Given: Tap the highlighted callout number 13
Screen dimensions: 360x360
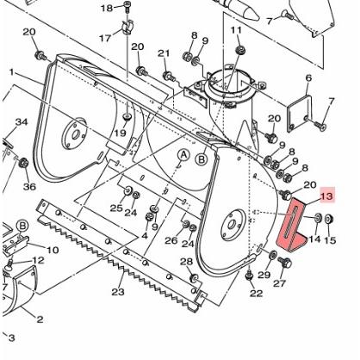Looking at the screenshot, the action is pyautogui.click(x=326, y=196).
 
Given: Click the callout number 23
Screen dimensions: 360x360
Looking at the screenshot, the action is pyautogui.click(x=118, y=292).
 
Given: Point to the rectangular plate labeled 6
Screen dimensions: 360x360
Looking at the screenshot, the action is pyautogui.click(x=300, y=113).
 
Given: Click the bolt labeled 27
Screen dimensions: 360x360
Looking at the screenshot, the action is pyautogui.click(x=285, y=263).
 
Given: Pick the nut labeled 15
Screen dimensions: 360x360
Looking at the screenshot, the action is pyautogui.click(x=329, y=220).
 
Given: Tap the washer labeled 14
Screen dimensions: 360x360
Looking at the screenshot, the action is pyautogui.click(x=318, y=218).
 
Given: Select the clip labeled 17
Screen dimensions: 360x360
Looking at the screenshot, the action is pyautogui.click(x=127, y=28).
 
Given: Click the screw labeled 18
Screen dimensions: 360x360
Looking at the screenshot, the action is pyautogui.click(x=127, y=6).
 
